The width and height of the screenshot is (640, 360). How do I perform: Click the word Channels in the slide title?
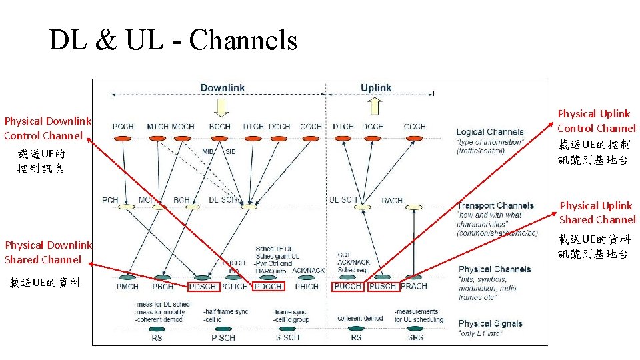pos(243,41)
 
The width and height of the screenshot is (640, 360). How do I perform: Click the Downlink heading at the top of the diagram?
pos(223,88)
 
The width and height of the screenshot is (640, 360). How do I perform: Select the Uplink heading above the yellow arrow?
pos(376,88)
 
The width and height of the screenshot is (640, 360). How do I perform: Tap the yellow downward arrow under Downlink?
pos(219,106)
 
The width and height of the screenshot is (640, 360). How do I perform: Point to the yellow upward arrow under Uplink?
pos(375,105)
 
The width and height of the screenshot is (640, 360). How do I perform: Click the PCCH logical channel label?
pos(123,127)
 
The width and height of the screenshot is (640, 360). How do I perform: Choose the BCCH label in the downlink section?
pos(219,127)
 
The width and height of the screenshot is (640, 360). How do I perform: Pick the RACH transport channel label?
pos(392,200)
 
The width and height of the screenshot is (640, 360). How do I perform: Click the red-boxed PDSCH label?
pos(203,287)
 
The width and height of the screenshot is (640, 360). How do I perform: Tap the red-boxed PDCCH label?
pos(268,287)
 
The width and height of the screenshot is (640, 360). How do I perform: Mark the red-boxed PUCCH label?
pos(348,286)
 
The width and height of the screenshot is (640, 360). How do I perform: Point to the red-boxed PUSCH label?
pos(383,286)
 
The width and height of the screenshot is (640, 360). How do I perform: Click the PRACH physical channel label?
pos(414,286)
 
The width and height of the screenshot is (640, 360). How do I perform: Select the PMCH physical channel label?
pos(127,287)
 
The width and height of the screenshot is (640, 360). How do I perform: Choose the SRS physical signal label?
pos(415,337)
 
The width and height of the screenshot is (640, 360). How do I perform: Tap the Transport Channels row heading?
pos(495,205)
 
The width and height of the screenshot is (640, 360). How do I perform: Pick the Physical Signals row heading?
pos(491,323)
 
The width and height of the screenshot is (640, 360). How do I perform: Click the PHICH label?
pos(306,287)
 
